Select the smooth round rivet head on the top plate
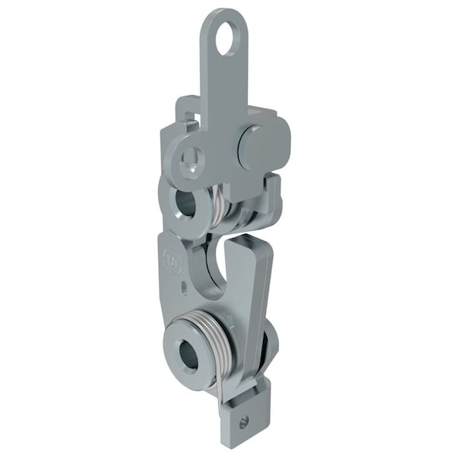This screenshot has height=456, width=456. tap(254, 146)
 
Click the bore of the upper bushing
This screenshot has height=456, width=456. tap(185, 203)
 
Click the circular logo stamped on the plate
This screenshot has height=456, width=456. tap(171, 263)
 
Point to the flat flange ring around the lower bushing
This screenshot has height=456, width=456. tap(174, 365)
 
